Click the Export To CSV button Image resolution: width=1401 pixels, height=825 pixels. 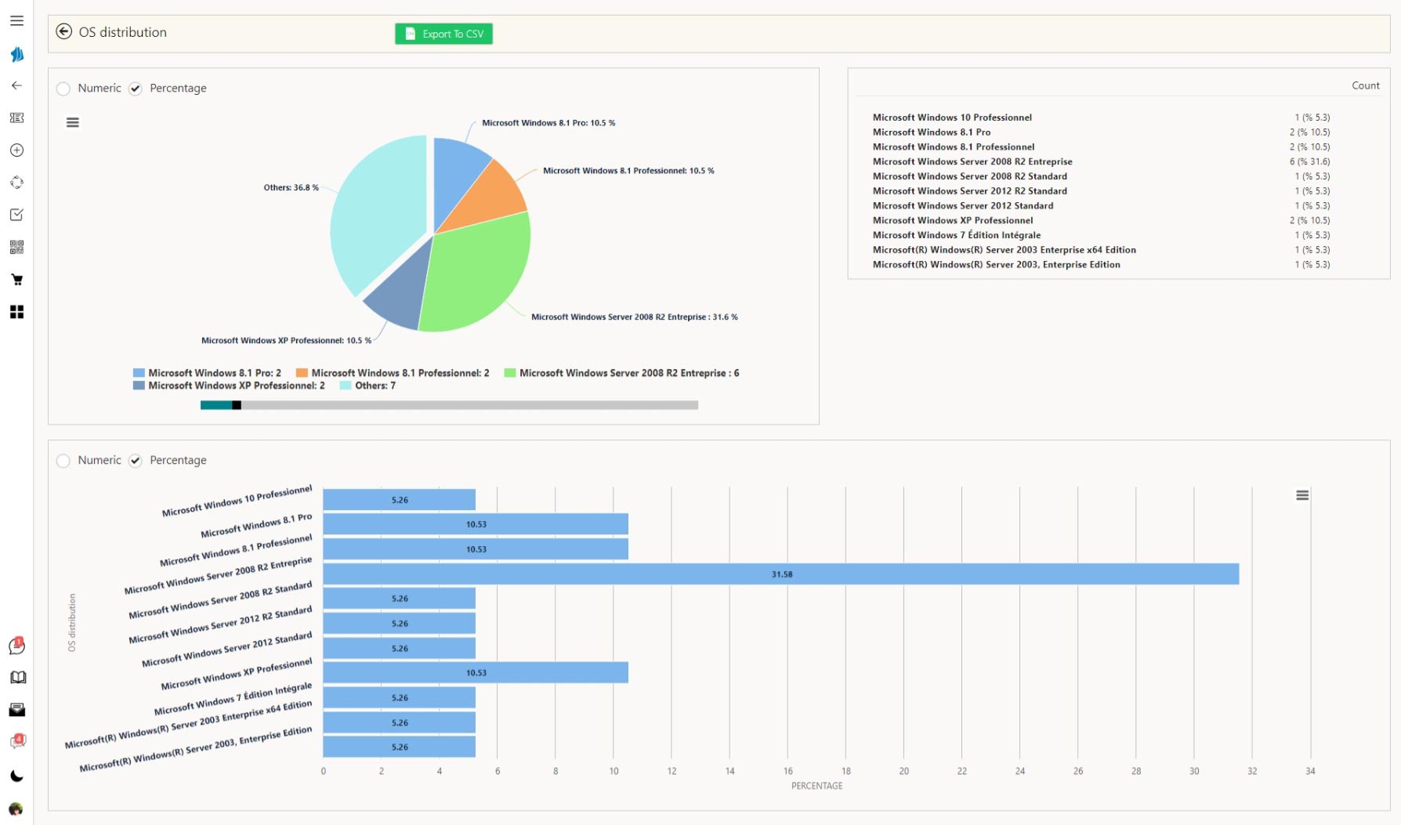coord(443,34)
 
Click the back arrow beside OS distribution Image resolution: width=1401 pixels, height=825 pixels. coord(64,32)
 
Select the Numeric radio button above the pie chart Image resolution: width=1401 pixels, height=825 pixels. coord(63,89)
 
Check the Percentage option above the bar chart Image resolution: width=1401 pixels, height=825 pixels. coord(136,461)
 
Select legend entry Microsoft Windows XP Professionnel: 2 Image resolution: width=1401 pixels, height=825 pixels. coord(229,385)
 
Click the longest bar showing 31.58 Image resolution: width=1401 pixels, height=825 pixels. coord(780,574)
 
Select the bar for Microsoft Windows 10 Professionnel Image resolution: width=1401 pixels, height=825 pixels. coord(399,500)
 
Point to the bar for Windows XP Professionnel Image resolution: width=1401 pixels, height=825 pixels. coord(475,673)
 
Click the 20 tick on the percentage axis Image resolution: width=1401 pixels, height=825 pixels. coord(903,772)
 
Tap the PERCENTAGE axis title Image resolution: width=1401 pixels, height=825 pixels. coord(816,786)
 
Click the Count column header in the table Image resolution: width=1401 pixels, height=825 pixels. coord(1365,85)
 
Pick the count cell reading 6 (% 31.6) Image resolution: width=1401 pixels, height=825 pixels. coord(1309,161)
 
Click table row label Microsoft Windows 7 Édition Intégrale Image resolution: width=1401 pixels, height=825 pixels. coord(957,235)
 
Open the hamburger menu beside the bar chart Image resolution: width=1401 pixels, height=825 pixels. coord(1302,495)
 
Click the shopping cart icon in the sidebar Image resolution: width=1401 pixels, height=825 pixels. coord(16,280)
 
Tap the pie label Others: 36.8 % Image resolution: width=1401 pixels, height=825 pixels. coord(291,188)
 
